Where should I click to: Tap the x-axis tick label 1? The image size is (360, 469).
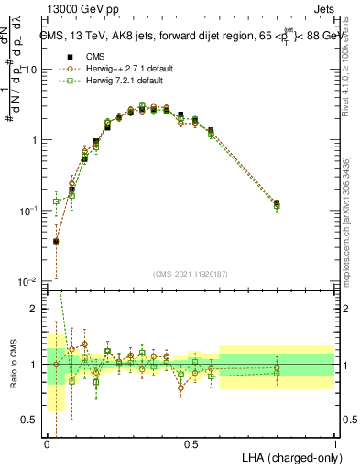pos(334,444)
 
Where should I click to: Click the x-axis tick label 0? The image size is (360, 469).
pos(47,444)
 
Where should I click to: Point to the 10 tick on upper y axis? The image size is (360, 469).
pos(31,71)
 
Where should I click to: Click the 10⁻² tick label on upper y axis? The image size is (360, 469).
pos(28,281)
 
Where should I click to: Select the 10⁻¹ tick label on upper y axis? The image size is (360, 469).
pos(28,211)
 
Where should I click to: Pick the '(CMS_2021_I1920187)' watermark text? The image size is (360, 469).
pos(191,273)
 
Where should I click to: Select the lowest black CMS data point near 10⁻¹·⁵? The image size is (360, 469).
pos(56,241)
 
